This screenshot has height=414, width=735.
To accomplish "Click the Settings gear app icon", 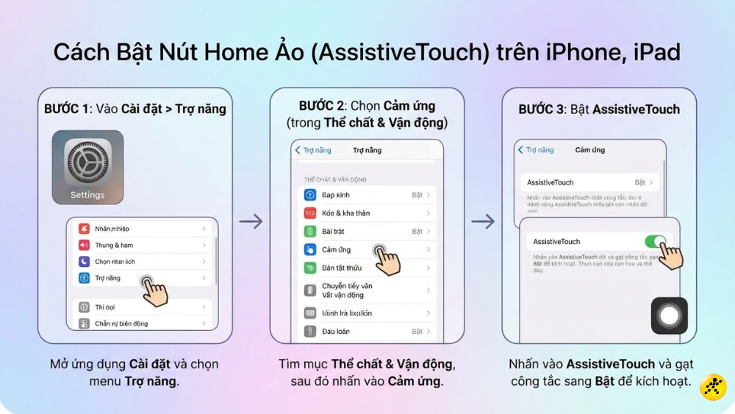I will click(87, 161).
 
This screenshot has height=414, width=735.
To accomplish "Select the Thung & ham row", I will click(140, 245).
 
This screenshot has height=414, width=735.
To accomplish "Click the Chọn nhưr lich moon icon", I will click(84, 262).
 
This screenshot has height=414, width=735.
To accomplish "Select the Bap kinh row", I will click(367, 195).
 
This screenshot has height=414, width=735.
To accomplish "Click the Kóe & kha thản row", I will click(367, 213).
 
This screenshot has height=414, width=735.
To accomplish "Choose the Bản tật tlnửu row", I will click(367, 268).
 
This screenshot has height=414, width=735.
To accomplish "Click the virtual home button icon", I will click(669, 316).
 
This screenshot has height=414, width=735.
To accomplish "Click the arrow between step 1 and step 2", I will click(251, 221).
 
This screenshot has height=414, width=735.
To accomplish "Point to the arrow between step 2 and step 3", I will click(483, 221).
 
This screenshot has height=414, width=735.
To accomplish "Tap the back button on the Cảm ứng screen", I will click(536, 150).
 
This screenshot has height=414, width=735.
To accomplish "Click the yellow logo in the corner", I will click(713, 387).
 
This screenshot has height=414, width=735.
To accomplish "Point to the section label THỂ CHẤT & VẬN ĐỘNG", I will click(335, 179).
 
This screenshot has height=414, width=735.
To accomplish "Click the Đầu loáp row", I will click(367, 332).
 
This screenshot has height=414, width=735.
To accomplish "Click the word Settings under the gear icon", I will click(87, 195).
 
